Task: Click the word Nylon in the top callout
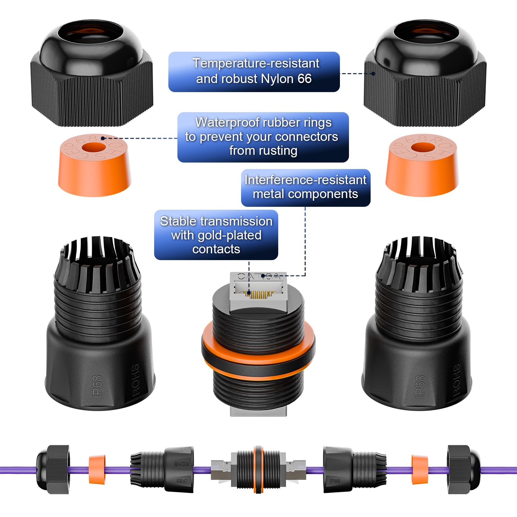pyautogui.click(x=277, y=79)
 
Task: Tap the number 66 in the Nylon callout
pyautogui.click(x=304, y=79)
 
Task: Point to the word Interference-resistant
pyautogui.click(x=305, y=180)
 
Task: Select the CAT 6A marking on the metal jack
pyautogui.click(x=258, y=276)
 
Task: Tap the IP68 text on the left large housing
pyautogui.click(x=97, y=386)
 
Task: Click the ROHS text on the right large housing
pyautogui.click(x=457, y=380)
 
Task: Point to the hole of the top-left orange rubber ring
pyautogui.click(x=94, y=148)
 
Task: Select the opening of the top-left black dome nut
pyautogui.click(x=91, y=31)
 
